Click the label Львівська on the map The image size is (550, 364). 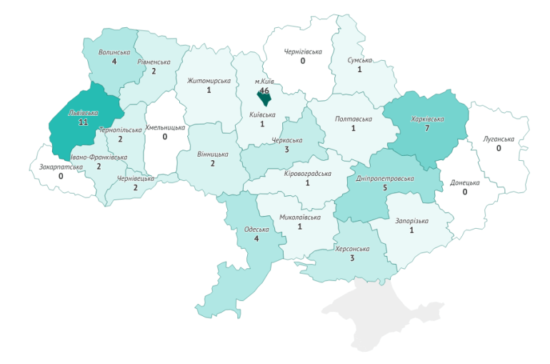coord(83,112)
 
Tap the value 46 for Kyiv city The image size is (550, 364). coord(264,91)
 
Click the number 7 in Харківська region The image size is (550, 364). coord(427,128)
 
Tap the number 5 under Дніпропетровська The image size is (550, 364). coord(385,188)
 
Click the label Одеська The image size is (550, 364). coord(256,229)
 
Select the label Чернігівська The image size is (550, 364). coord(303,51)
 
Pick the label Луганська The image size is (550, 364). coord(498,139)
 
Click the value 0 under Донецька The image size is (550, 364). coord(465,192)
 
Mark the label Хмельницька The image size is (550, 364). coord(165,127)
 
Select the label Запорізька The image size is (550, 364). coord(411,220)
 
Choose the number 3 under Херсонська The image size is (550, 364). coord(352,258)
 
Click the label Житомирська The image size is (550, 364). coord(209,81)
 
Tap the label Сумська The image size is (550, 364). coord(359,61)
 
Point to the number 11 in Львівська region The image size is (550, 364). coord(83,122)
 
